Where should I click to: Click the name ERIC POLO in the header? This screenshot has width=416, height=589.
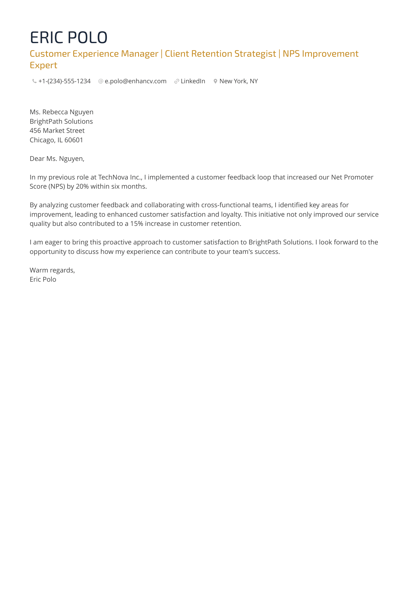(x=68, y=37)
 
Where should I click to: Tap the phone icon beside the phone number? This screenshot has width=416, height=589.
(x=34, y=81)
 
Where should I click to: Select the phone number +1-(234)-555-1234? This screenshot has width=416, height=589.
(x=64, y=81)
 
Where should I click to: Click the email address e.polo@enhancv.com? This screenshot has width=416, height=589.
(x=135, y=81)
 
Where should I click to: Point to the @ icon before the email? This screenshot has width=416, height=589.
(x=101, y=81)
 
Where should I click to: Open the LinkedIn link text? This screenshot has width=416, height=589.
(x=193, y=81)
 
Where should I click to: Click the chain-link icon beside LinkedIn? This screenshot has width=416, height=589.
(x=176, y=81)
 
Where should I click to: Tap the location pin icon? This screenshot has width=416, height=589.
(x=215, y=81)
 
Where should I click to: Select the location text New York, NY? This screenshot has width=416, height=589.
(x=238, y=81)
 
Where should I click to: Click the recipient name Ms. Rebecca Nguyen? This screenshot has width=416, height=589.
(x=61, y=112)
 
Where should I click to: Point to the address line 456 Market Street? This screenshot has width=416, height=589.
(x=57, y=130)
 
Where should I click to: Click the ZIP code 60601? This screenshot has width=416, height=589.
(x=74, y=140)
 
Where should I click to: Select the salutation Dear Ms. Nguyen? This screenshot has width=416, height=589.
(x=57, y=159)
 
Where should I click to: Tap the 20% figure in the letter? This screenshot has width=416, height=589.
(x=82, y=187)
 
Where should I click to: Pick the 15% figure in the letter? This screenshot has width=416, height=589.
(x=137, y=224)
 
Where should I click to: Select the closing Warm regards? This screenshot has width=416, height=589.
(x=52, y=270)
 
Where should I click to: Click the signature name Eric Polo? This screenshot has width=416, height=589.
(x=43, y=279)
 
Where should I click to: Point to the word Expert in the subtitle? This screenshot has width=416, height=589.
(x=43, y=65)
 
